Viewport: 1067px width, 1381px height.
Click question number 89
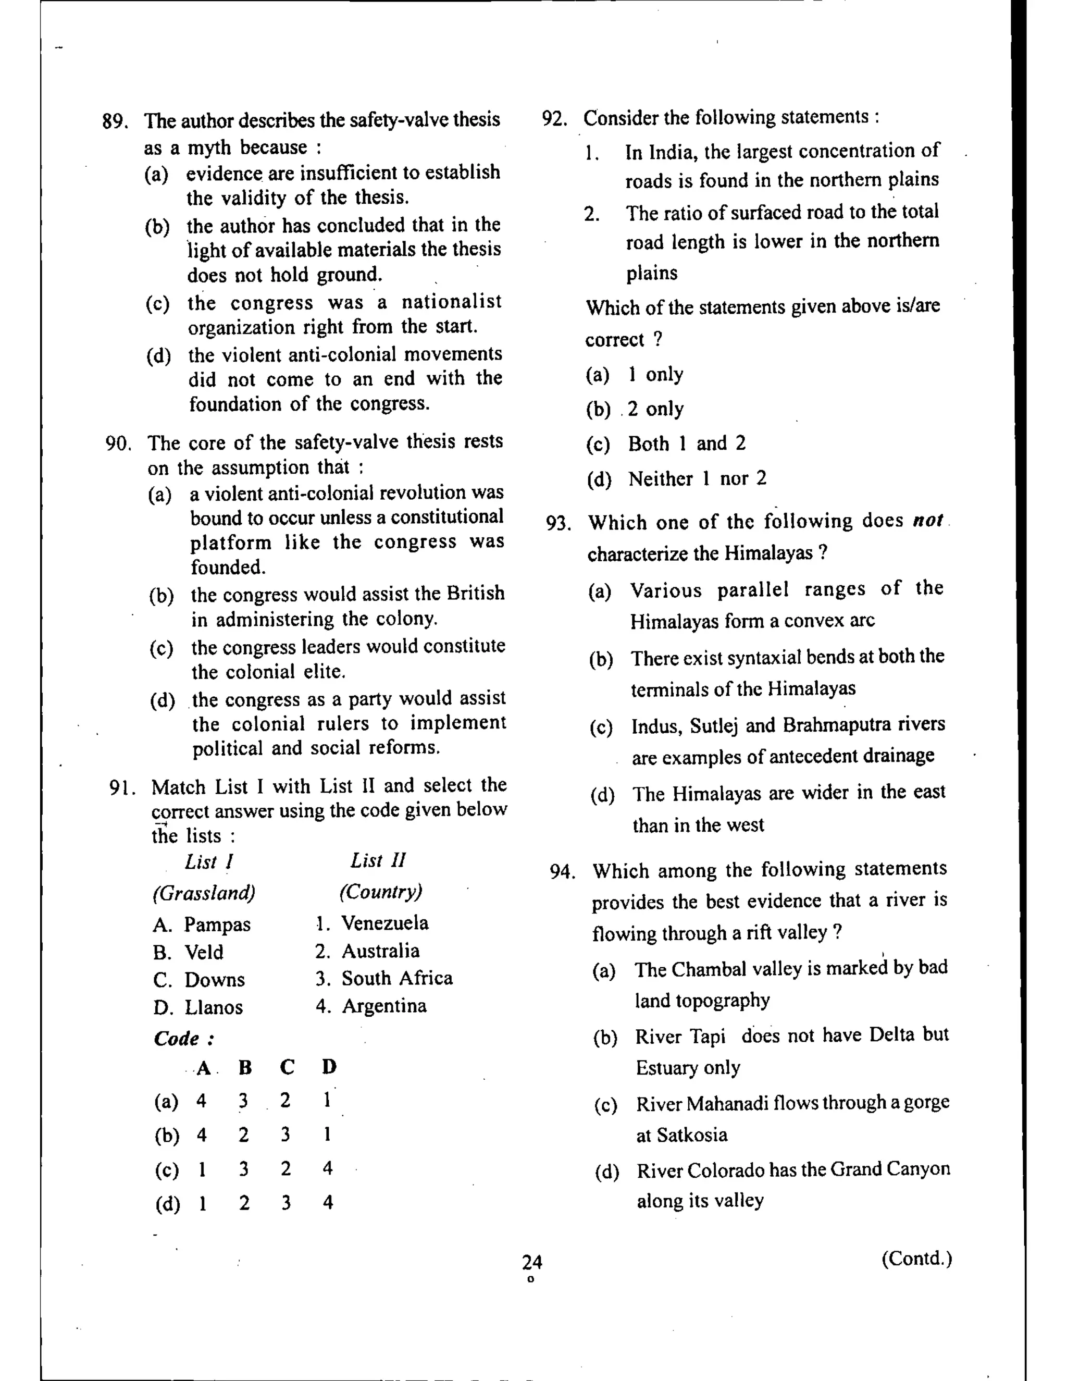115,121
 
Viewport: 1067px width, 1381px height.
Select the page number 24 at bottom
531,1262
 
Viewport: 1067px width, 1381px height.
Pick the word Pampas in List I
217,924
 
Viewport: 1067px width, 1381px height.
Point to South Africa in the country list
397,978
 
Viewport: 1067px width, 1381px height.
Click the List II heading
378,860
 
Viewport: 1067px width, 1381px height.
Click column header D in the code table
329,1067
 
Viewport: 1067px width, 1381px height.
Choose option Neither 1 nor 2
697,479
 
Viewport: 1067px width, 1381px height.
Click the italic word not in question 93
927,521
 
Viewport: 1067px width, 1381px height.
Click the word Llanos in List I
213,1007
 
